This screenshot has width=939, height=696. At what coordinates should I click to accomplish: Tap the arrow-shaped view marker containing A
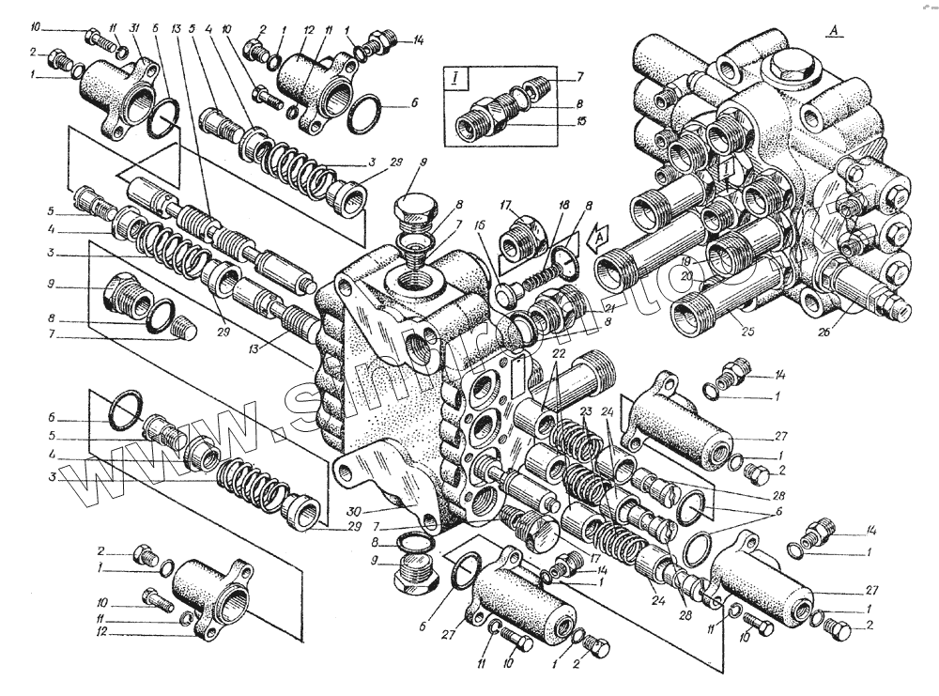[597, 240]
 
